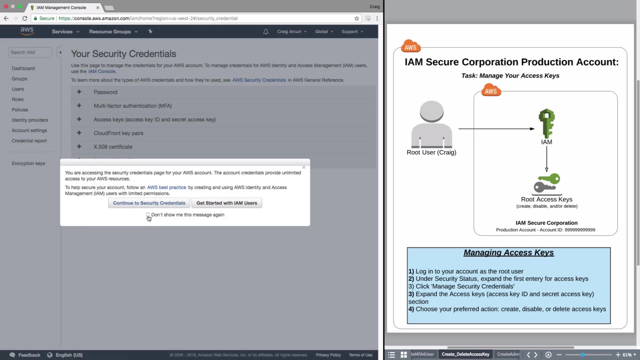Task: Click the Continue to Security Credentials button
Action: coord(149,203)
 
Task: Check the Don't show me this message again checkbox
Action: coord(147,214)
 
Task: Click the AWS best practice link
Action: coord(166,187)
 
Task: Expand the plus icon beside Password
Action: coord(79,91)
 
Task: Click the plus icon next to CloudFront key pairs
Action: coord(79,133)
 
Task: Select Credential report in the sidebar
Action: coord(29,140)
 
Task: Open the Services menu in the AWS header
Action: coord(65,31)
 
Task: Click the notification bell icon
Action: coord(265,31)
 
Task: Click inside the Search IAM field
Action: coord(30,52)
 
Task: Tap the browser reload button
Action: coord(25,18)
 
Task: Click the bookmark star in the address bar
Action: coord(356,18)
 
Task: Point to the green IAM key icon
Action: coord(546,123)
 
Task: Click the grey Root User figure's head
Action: coord(431,111)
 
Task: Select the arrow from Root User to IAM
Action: coord(496,128)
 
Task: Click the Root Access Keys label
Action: coord(546,199)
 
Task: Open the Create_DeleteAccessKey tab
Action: coord(465,354)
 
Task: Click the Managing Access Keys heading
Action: coord(508,252)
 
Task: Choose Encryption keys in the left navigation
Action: coord(28,163)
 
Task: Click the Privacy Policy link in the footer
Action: coord(328,355)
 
